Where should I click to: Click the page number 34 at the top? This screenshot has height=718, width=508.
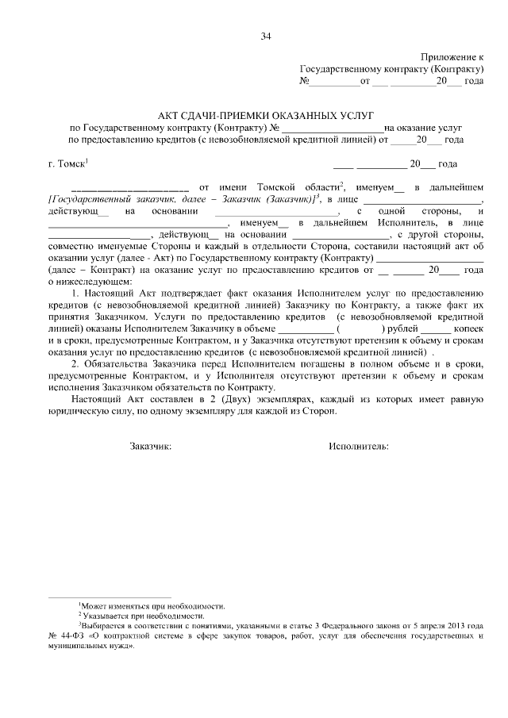tap(265, 36)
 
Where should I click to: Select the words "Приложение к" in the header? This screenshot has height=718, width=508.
tap(453, 58)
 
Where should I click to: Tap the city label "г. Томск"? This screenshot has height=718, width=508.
tap(67, 164)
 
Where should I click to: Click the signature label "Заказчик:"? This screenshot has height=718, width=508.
tap(150, 447)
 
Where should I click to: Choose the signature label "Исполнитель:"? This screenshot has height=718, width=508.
tap(358, 447)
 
